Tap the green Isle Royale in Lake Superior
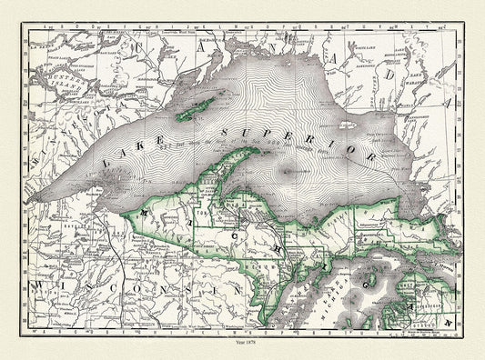pos(197,110)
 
